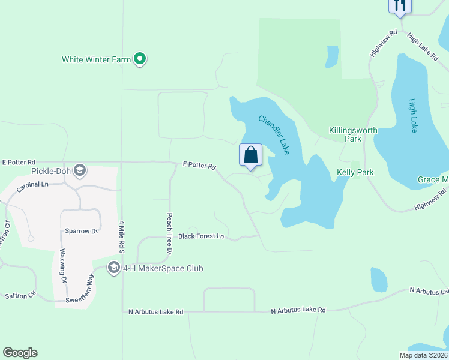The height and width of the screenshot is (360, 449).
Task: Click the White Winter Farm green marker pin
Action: [140, 59]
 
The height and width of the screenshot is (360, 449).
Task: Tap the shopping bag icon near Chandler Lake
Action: [251, 155]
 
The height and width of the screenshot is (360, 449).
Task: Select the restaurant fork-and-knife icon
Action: [399, 5]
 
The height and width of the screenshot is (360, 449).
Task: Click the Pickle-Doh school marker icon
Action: [80, 171]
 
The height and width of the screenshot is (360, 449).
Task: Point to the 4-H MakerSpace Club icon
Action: [114, 268]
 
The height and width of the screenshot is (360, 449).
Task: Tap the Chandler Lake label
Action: [274, 134]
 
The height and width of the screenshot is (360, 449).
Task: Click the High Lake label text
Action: [412, 115]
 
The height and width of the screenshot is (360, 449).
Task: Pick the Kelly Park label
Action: [355, 172]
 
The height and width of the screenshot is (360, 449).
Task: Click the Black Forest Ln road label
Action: [200, 236]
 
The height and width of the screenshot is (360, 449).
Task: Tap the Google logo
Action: [20, 353]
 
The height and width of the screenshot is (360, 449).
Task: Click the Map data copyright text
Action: [423, 355]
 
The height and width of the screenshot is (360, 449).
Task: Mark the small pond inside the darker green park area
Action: [331, 57]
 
